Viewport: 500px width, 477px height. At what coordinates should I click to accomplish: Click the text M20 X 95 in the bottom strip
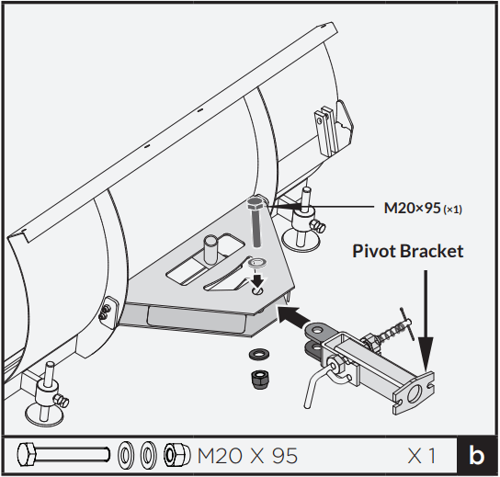point(248,455)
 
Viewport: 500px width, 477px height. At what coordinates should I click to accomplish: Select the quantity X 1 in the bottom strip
point(422,455)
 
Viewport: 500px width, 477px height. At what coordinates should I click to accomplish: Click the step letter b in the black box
point(476,455)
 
